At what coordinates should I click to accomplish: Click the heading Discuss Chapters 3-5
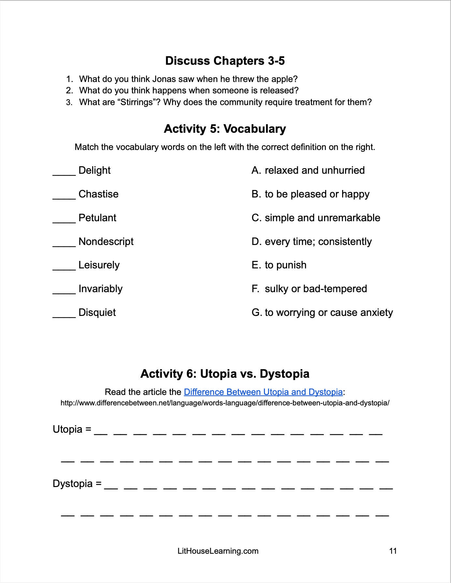pyautogui.click(x=225, y=61)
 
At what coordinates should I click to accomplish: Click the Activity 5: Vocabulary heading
pyautogui.click(x=225, y=129)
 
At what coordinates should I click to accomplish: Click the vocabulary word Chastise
pyautogui.click(x=98, y=194)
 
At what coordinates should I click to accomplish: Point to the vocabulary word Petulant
pyautogui.click(x=97, y=218)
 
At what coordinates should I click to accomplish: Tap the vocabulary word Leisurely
pyautogui.click(x=99, y=265)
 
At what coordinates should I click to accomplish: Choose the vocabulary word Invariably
pyautogui.click(x=100, y=289)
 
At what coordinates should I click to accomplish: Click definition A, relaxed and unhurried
pyautogui.click(x=308, y=170)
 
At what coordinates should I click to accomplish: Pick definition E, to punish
pyautogui.click(x=279, y=265)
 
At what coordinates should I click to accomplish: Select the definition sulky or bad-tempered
pyautogui.click(x=309, y=289)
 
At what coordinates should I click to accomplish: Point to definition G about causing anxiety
pyautogui.click(x=322, y=313)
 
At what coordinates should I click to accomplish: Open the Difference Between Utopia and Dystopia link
pyautogui.click(x=263, y=392)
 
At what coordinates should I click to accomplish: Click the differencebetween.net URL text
pyautogui.click(x=225, y=403)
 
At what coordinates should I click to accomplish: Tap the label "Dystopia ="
pyautogui.click(x=77, y=484)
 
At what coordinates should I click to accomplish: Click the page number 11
pyautogui.click(x=393, y=551)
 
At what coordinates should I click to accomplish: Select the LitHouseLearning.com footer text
pyautogui.click(x=218, y=551)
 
